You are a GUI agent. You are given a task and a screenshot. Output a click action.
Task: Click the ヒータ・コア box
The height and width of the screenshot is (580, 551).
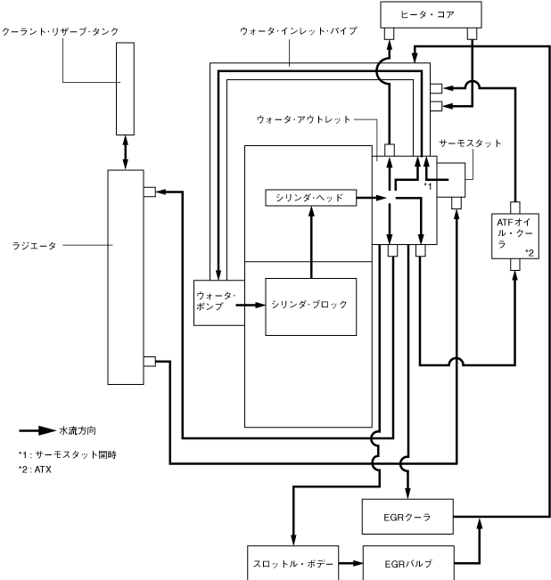pos(431,14)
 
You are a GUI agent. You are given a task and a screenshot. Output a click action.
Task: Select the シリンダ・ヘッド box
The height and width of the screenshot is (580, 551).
pos(310,197)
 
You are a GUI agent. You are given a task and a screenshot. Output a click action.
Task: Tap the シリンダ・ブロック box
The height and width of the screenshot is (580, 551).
pos(310,305)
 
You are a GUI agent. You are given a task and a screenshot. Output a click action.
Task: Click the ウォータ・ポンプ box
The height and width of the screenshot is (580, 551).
pos(215,302)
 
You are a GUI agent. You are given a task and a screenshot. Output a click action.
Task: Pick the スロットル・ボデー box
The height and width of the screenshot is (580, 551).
pos(291,565)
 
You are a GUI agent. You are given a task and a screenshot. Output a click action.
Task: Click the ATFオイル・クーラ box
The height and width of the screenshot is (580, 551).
pos(514,233)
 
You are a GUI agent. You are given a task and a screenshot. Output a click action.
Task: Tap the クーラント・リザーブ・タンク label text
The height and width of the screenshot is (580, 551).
pos(60,32)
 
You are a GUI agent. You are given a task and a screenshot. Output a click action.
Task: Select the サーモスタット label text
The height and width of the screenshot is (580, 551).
pos(471,143)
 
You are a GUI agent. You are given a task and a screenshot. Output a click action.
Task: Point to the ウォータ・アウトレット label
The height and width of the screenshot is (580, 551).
pos(303,118)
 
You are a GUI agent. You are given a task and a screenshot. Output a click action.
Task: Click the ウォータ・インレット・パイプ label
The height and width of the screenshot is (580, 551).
pos(298,31)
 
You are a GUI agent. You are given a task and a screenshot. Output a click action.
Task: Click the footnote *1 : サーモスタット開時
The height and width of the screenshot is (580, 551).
pos(67,454)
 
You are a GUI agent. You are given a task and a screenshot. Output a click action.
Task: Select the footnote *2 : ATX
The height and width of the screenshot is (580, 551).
pos(35,469)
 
